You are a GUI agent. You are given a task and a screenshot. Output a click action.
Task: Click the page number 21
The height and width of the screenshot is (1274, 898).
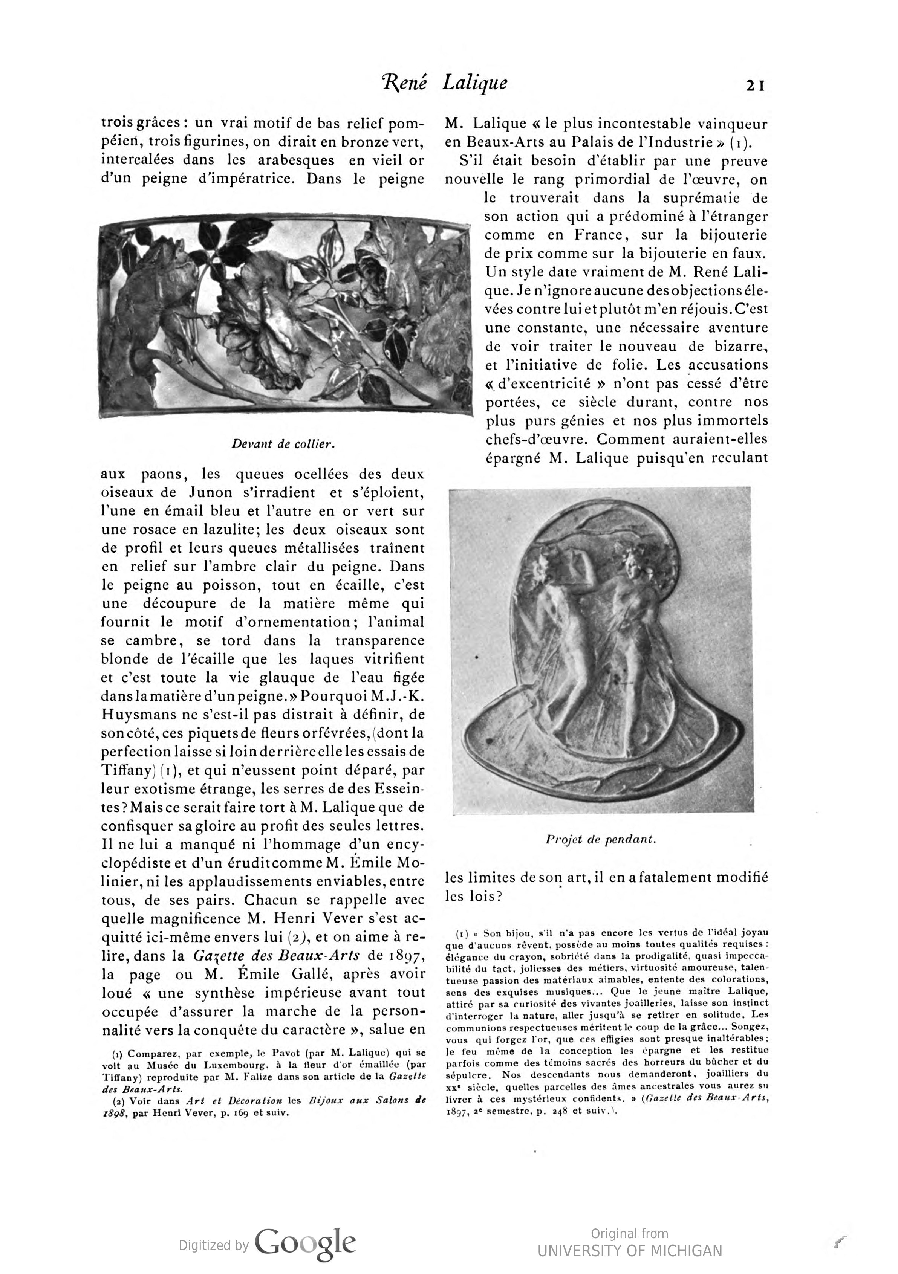point(755,86)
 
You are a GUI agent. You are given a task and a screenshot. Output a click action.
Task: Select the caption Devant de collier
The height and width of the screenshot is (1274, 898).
point(284,443)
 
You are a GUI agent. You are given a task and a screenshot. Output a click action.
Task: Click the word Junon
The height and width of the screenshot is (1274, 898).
point(208,492)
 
